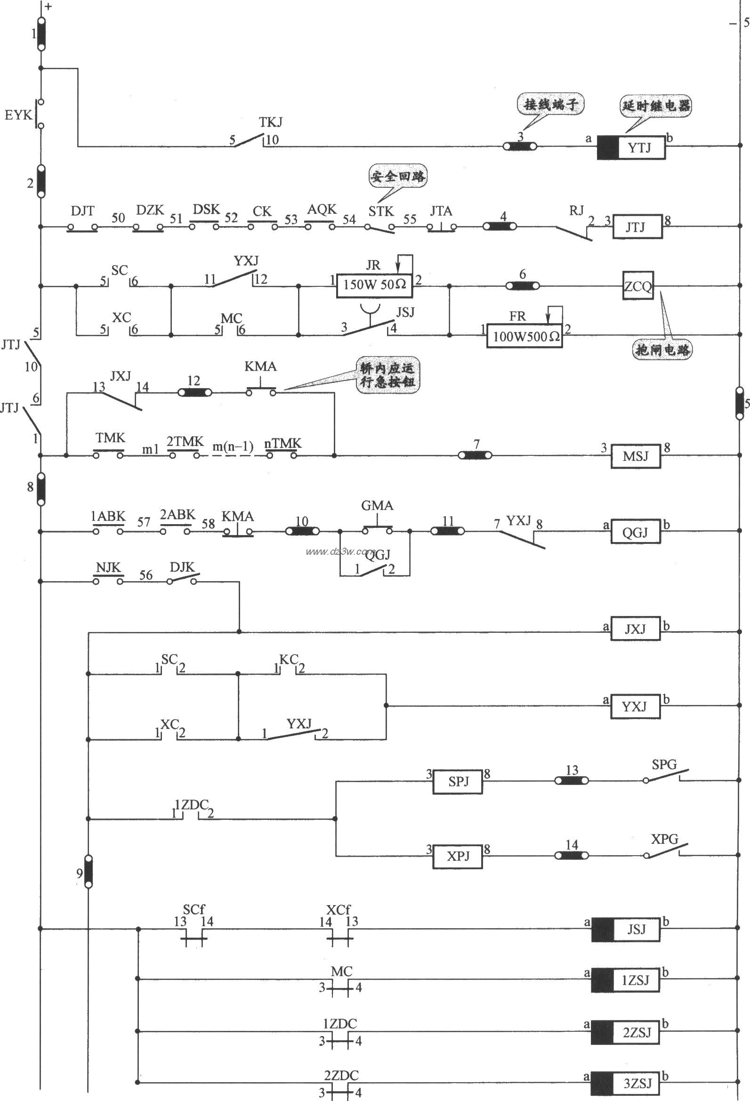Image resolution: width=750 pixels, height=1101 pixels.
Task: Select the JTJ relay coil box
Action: pyautogui.click(x=637, y=227)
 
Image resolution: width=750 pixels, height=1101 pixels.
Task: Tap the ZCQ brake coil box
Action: pyautogui.click(x=638, y=286)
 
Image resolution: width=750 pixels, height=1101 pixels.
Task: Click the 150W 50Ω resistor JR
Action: pyautogui.click(x=374, y=285)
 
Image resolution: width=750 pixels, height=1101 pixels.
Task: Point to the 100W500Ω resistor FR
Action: pyautogui.click(x=524, y=336)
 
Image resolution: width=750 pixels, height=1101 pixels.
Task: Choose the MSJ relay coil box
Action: pyautogui.click(x=635, y=456)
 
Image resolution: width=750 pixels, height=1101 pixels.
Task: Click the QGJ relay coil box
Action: pyautogui.click(x=635, y=532)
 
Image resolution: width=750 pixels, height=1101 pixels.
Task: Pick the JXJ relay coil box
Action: pyautogui.click(x=635, y=629)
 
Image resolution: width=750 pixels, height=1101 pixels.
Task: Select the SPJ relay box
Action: pyautogui.click(x=458, y=781)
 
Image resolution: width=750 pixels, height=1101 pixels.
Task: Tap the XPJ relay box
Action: pyautogui.click(x=458, y=856)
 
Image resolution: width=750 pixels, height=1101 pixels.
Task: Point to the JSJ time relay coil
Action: pyautogui.click(x=625, y=929)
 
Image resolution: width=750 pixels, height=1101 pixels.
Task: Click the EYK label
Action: pyautogui.click(x=17, y=114)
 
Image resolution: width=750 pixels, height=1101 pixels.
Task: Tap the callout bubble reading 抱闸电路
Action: pyautogui.click(x=662, y=349)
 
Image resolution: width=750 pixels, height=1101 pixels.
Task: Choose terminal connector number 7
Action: pyautogui.click(x=475, y=455)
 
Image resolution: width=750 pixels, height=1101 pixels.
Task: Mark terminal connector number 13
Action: pyautogui.click(x=572, y=780)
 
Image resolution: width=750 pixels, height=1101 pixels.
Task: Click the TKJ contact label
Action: pyautogui.click(x=271, y=122)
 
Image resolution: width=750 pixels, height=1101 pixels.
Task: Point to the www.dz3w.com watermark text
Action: pyautogui.click(x=340, y=551)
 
